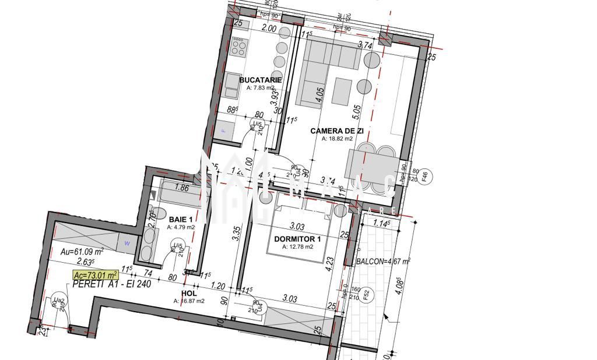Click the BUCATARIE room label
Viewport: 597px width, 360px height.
(x=261, y=80)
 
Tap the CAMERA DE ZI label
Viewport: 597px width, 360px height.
(x=337, y=131)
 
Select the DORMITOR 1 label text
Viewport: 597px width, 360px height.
(x=297, y=239)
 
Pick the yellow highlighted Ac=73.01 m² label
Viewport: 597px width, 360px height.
(x=95, y=275)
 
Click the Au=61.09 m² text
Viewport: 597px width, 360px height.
(x=82, y=252)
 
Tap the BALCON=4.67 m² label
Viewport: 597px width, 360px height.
(x=382, y=262)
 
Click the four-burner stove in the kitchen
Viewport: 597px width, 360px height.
(x=239, y=46)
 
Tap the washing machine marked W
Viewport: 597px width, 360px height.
(x=127, y=243)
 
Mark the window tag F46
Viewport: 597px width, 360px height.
(x=424, y=177)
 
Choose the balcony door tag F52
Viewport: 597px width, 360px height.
(x=366, y=295)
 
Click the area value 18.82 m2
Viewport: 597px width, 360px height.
(x=338, y=139)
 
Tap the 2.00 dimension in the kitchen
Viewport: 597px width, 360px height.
(x=269, y=28)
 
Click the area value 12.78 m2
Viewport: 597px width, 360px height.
(x=297, y=246)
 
